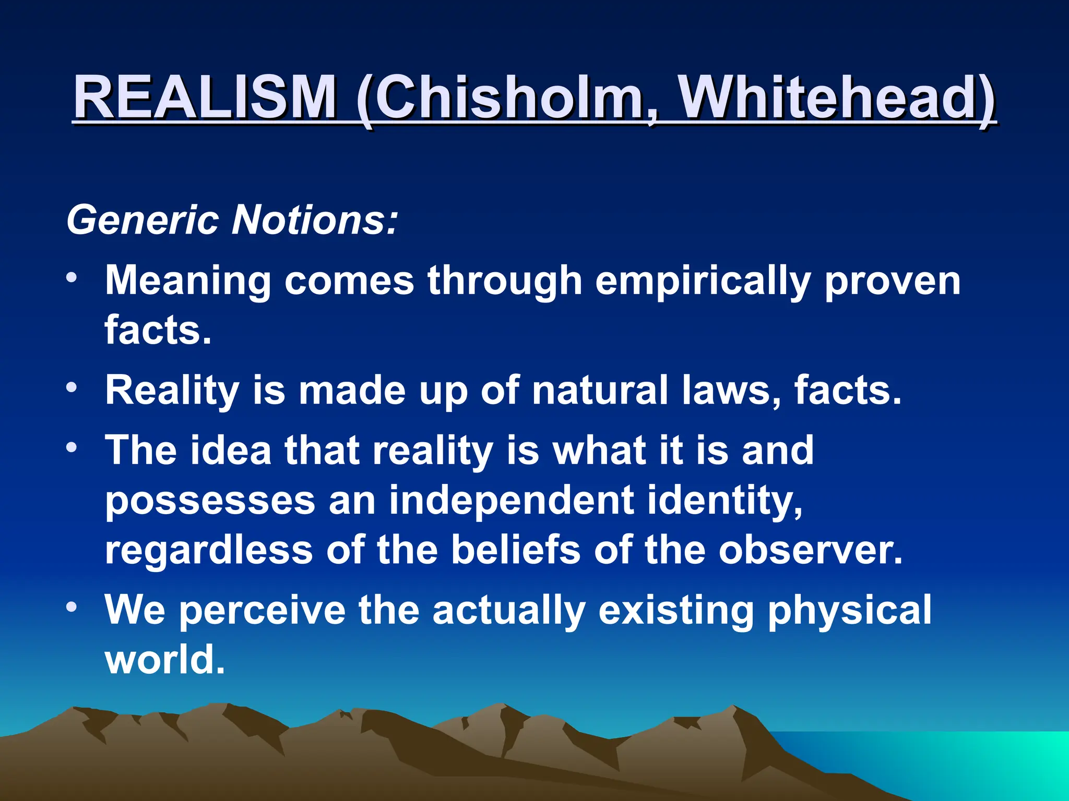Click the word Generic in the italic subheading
pyautogui.click(x=142, y=220)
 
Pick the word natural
pyautogui.click(x=600, y=390)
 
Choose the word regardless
pyautogui.click(x=209, y=551)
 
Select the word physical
pyautogui.click(x=849, y=610)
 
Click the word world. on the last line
pyautogui.click(x=165, y=659)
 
